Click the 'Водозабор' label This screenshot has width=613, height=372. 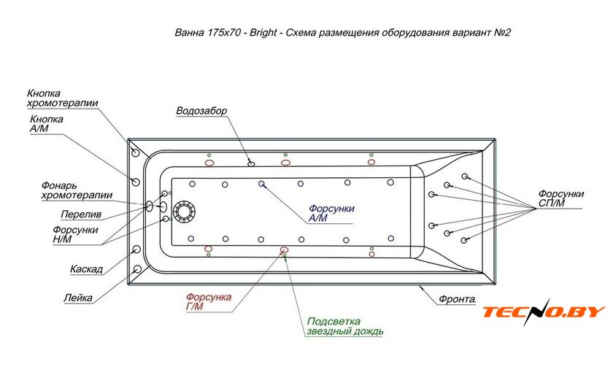tap(201, 111)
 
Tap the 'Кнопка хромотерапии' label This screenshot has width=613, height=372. tap(62, 98)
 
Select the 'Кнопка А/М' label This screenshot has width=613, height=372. tap(46, 124)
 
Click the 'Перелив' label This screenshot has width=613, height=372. tap(80, 214)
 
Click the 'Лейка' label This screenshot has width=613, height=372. tap(77, 298)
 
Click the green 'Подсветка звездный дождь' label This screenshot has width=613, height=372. tap(344, 326)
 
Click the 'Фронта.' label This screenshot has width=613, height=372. tap(458, 299)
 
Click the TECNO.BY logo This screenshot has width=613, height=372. tap(543, 313)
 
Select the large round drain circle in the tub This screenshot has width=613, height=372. tap(183, 212)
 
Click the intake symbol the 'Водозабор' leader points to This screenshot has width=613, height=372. tap(252, 163)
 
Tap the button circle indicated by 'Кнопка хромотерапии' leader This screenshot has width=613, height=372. tap(136, 153)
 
